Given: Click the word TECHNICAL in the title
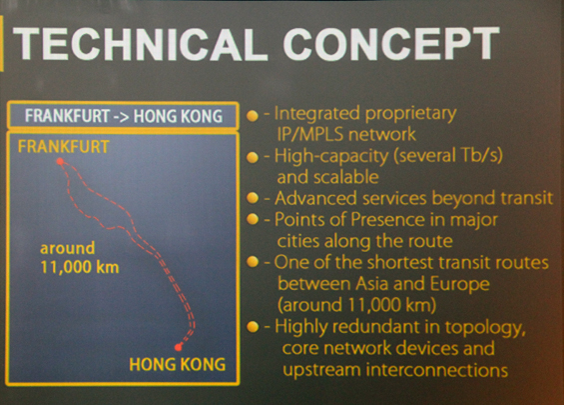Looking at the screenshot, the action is (x=141, y=44).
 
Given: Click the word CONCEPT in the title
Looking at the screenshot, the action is (x=391, y=43).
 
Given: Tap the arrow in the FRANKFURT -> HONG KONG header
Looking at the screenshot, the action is (x=122, y=117).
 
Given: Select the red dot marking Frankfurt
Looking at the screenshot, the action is (x=60, y=161).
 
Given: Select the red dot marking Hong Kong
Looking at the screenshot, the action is (x=178, y=347).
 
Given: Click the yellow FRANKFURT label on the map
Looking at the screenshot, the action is (x=64, y=147).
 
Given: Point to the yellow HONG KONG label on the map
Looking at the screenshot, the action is (x=178, y=364).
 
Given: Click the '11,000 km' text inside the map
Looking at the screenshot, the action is (x=80, y=267).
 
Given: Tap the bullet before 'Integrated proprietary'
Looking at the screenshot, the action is (x=253, y=116).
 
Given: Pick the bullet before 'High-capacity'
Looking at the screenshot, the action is (x=253, y=157).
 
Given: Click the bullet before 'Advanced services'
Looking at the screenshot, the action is (x=253, y=198).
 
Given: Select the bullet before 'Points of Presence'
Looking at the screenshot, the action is (x=253, y=219).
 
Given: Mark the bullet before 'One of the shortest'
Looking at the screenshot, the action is (x=253, y=262).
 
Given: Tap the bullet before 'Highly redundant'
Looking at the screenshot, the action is (x=253, y=326).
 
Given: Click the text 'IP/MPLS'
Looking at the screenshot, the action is (x=310, y=135).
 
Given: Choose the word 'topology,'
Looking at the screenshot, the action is (x=485, y=328).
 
